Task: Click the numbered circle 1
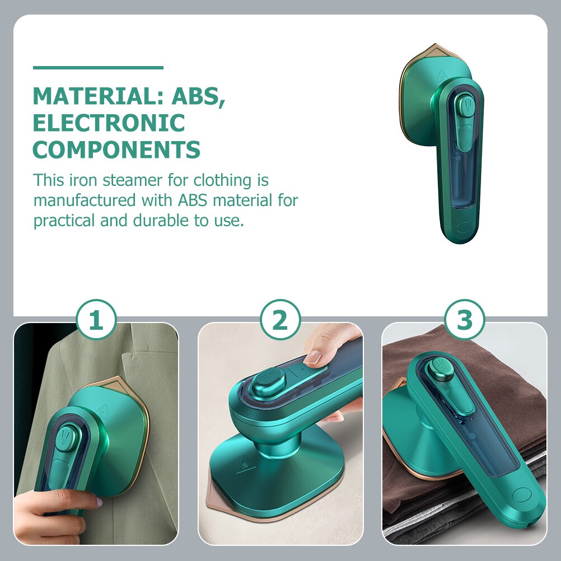[96, 321]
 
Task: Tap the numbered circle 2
[280, 321]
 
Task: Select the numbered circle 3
[464, 321]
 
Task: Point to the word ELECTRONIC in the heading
[109, 123]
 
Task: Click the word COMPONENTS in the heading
[116, 149]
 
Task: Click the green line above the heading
[98, 68]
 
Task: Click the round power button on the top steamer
[463, 227]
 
